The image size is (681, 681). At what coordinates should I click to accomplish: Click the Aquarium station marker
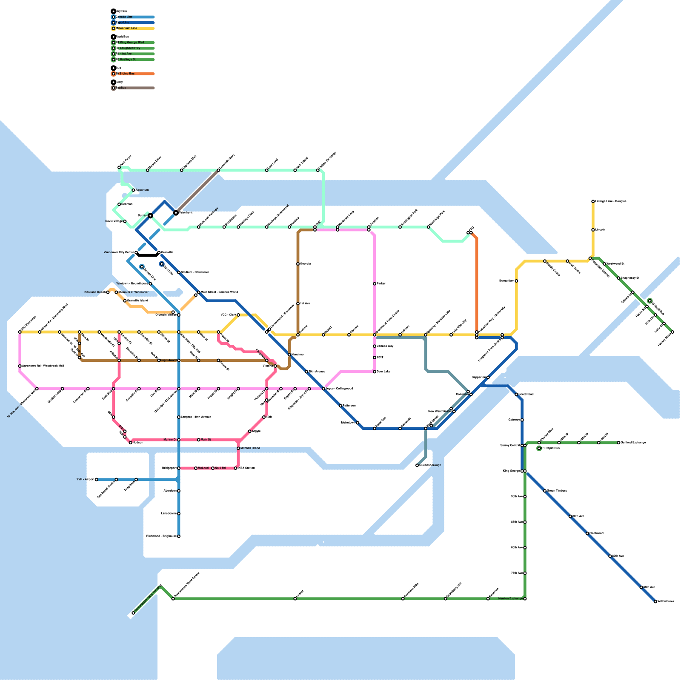133,190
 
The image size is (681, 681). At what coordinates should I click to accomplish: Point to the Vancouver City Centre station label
119,252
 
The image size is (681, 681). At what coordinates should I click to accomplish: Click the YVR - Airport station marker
97,480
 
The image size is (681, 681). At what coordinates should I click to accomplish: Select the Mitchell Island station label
250,448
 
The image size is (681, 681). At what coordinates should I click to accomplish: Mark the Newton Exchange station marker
525,599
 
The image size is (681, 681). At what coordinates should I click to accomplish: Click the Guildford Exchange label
633,443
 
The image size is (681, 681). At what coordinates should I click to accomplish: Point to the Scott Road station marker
516,395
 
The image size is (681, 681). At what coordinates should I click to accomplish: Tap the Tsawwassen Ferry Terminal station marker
133,613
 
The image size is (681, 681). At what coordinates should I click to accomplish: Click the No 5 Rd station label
220,468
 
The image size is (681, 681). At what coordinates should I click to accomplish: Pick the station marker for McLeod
196,468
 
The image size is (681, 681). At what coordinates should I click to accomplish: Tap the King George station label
511,471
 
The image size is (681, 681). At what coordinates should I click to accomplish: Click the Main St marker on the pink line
199,440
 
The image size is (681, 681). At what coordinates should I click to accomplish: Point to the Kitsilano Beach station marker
108,292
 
